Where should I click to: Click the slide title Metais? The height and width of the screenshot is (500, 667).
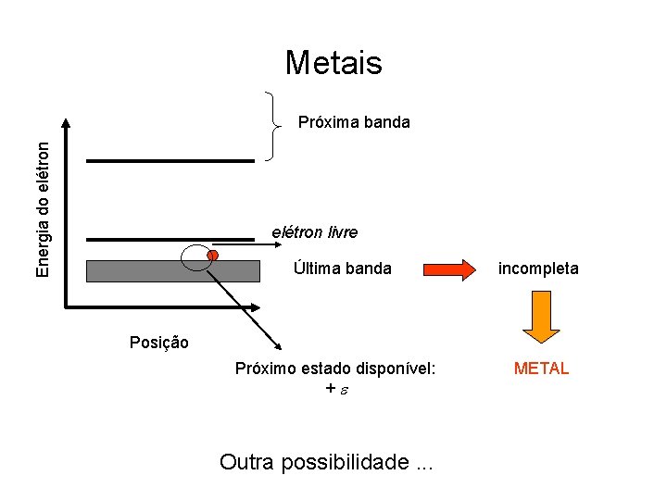[x=333, y=62]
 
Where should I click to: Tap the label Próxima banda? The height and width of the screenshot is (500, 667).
[x=353, y=122]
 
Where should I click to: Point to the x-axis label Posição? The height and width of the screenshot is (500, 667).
[x=158, y=343]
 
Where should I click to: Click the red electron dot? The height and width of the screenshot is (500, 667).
[x=212, y=255]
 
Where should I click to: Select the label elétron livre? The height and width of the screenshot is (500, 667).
[x=314, y=231]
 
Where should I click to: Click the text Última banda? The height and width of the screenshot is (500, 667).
[x=342, y=269]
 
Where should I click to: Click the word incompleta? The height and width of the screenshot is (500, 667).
[x=538, y=269]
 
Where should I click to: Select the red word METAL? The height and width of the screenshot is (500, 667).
[x=541, y=369]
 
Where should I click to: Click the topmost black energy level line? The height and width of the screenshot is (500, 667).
[x=170, y=161]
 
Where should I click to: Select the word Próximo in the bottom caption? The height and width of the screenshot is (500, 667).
[x=265, y=369]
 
